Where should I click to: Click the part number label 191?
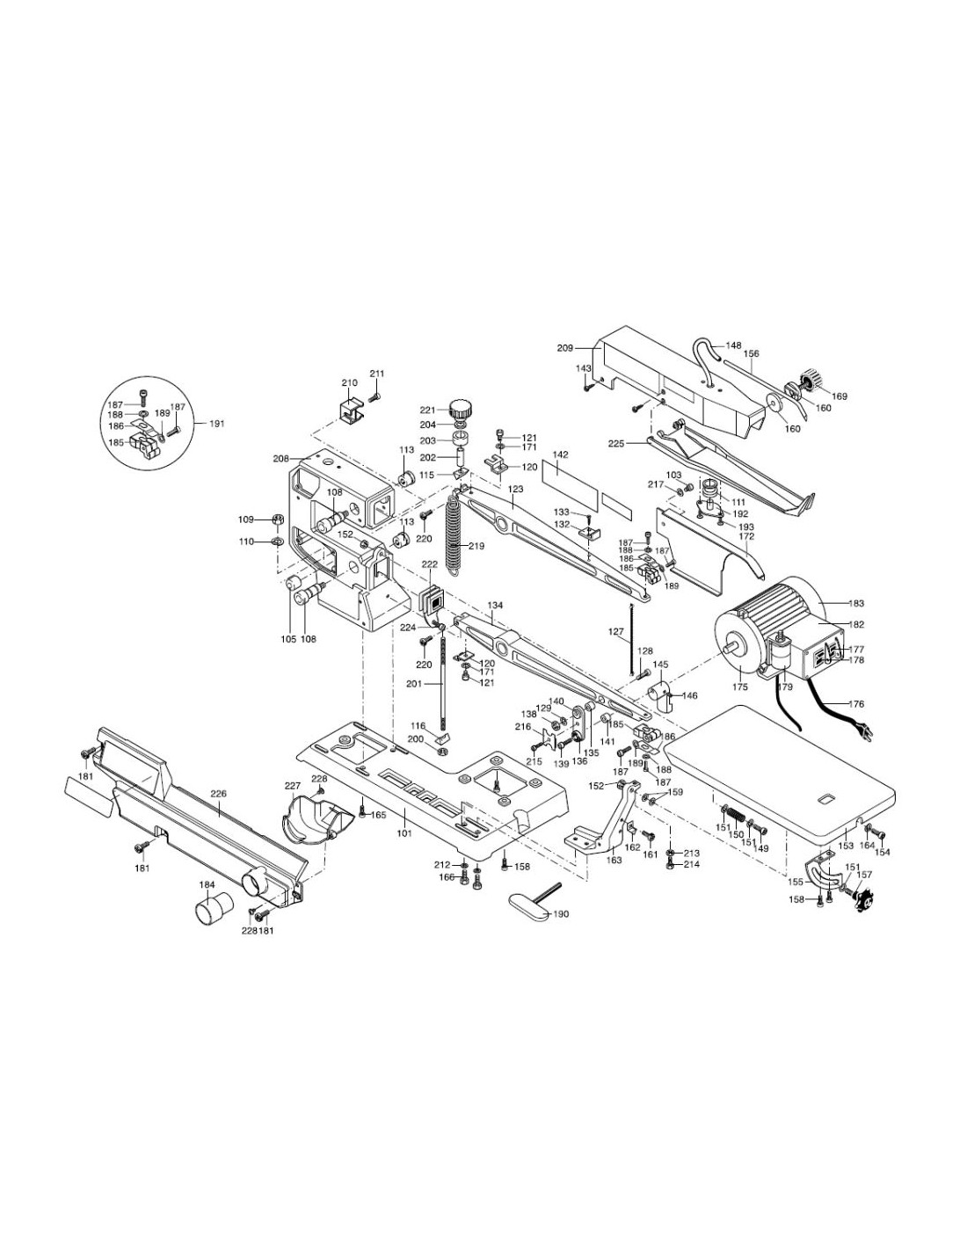[217, 424]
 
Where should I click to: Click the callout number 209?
[565, 348]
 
